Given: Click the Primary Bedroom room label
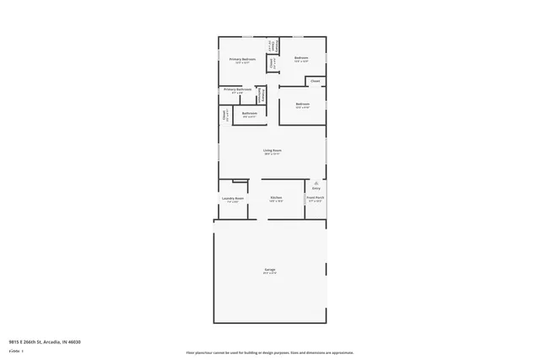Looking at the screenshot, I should pos(242,59).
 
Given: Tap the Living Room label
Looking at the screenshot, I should pos(272,150).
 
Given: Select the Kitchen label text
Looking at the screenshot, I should pos(276,198).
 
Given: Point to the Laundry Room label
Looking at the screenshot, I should pos(232,198).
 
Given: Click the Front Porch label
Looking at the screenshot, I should pos(316,198).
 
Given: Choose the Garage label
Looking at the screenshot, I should pos(270,269).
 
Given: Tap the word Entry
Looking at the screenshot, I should pos(316,188).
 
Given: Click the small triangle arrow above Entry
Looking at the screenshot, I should pos(316,182).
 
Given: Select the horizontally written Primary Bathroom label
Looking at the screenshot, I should pos(237,89).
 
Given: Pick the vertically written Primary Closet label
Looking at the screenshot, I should pos(261,94).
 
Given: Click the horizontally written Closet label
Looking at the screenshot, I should pos(315,81).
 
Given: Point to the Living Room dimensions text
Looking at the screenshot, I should pos(272,154).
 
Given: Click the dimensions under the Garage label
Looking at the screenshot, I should pos(270,273).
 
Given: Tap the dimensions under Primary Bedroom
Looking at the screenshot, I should pos(242,63).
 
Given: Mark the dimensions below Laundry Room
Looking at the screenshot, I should pos(232,202).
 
